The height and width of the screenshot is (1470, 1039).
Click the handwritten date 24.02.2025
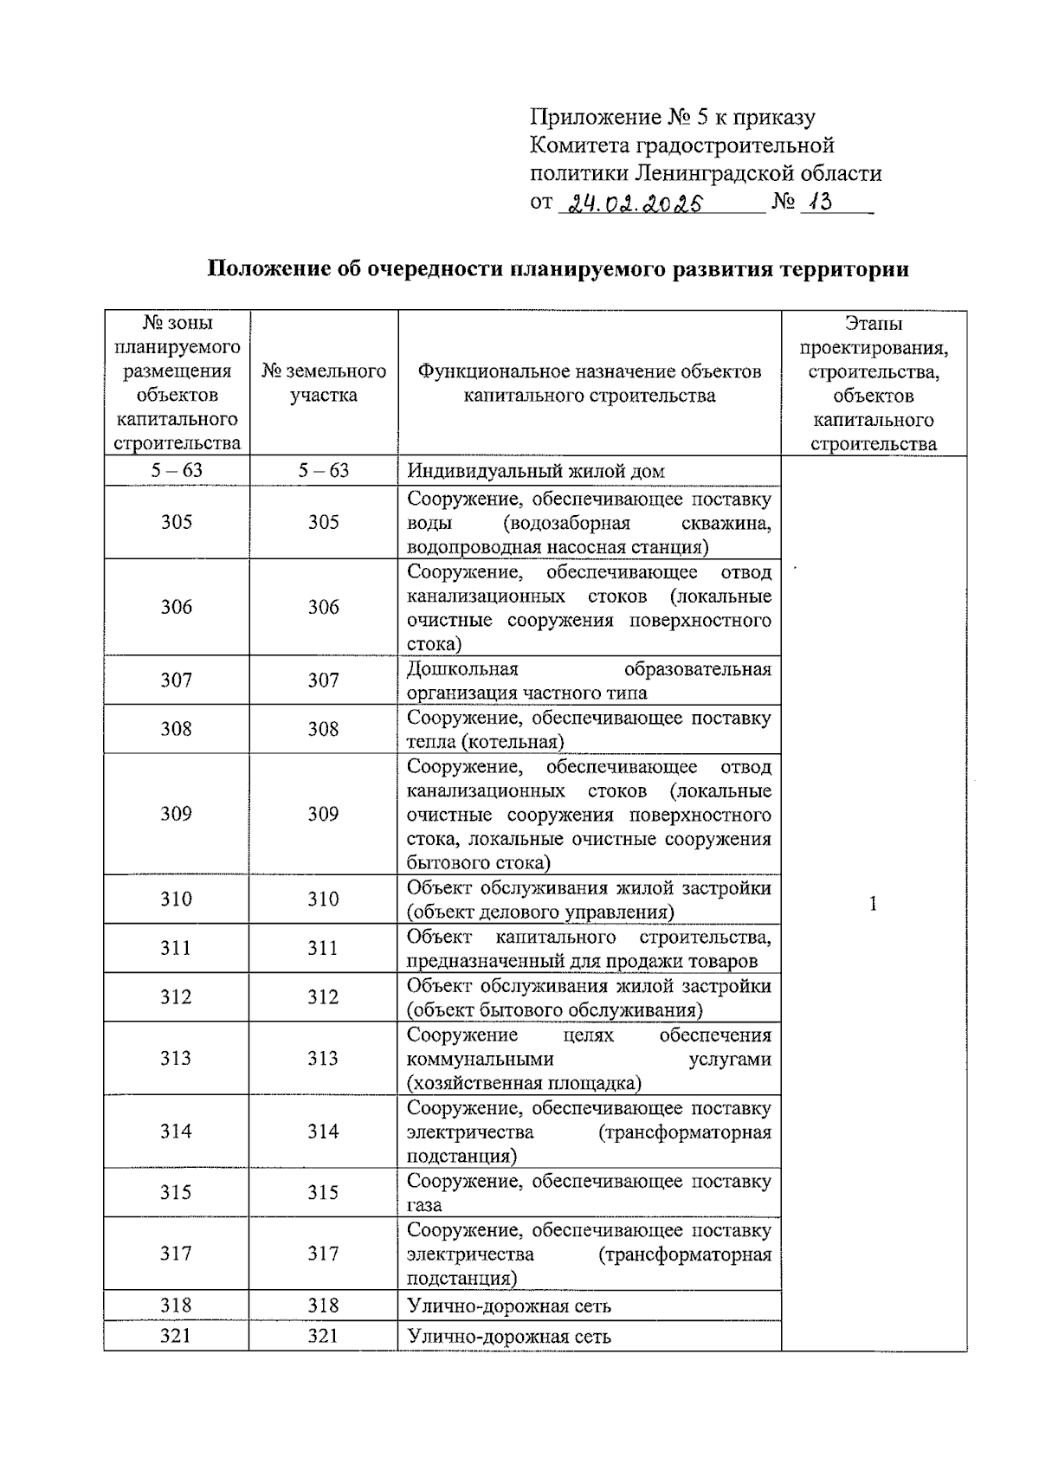[x=631, y=204]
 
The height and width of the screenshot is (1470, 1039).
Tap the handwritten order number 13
[x=817, y=203]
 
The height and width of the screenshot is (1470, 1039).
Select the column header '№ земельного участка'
[x=324, y=384]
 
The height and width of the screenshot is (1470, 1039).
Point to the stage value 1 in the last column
[x=873, y=904]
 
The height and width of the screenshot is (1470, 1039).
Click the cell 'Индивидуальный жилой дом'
[x=536, y=472]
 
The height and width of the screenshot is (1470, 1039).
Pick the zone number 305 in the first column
[x=177, y=522]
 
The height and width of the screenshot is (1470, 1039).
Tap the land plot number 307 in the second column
[x=323, y=680]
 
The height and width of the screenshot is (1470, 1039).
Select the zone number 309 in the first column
[x=177, y=814]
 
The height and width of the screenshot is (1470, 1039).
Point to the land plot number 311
[x=323, y=948]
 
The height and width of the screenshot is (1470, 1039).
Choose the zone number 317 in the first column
[x=177, y=1254]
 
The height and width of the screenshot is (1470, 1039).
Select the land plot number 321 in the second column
[x=323, y=1336]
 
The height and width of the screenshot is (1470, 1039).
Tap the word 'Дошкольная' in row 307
[x=462, y=669]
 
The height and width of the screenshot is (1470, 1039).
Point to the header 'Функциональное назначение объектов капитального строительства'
[x=589, y=384]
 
